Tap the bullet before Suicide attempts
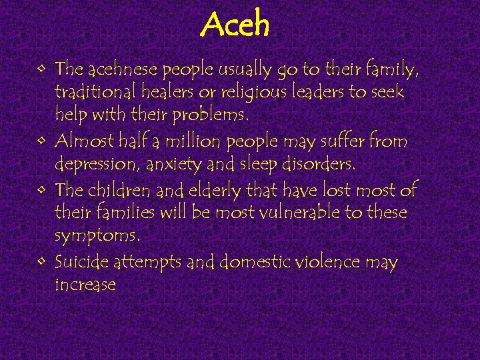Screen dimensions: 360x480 click(x=43, y=261)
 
